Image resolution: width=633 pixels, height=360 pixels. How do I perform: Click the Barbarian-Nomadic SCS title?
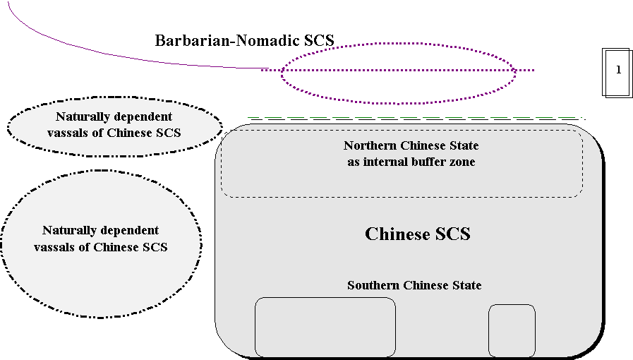coord(244,40)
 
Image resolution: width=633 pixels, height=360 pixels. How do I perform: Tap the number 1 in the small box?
coord(618,69)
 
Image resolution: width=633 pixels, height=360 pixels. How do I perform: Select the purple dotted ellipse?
coord(398,97)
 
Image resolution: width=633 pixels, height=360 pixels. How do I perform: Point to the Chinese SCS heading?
coord(417,234)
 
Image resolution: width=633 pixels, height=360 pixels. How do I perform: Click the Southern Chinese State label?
coord(414,285)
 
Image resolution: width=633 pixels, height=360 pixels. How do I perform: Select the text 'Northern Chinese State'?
coord(411,146)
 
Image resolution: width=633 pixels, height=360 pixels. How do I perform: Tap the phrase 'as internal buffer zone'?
coord(411,162)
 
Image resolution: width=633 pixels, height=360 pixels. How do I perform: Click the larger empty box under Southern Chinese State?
coord(325,327)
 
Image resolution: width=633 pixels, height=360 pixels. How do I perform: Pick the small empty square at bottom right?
coord(512,330)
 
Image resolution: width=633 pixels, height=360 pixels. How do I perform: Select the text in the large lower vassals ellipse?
coord(100,239)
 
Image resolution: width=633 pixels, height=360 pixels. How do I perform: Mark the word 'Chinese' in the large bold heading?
coord(394,234)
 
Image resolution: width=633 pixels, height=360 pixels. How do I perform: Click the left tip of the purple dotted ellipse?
coord(281,71)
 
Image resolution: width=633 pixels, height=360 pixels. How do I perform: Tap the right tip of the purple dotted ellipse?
coord(516,71)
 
